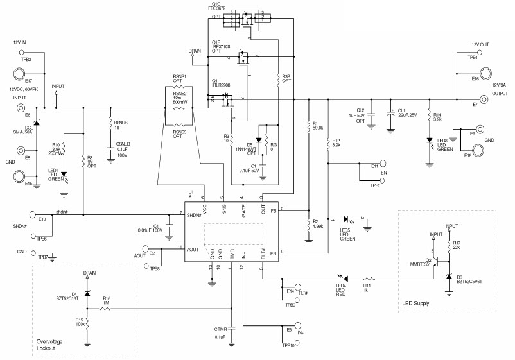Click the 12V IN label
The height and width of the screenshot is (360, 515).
tap(20, 42)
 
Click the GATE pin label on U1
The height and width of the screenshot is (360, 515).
tap(243, 209)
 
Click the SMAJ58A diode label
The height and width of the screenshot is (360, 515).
tap(25, 133)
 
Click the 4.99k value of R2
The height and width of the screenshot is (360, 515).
tap(317, 225)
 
